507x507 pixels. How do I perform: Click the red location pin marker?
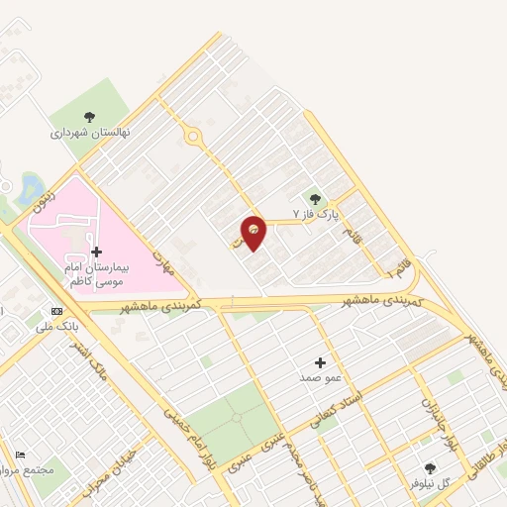point(253,232)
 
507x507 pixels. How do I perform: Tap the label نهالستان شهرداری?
point(91,131)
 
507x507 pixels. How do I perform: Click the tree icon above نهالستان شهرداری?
point(90,117)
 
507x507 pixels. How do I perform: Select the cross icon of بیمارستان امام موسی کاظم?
point(96,253)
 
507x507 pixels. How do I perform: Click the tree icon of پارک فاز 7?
point(317,199)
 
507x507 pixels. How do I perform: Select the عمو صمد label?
point(320,378)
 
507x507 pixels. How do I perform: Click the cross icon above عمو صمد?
point(320,363)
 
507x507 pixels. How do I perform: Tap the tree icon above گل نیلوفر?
point(430,468)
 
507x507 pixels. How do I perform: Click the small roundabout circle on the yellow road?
point(192,138)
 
